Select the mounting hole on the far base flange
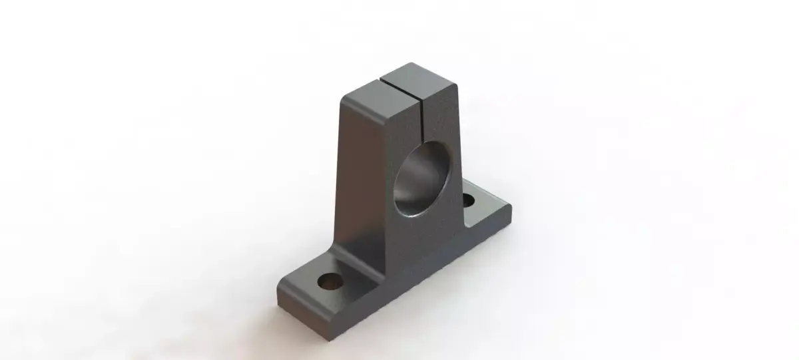[x=469, y=199]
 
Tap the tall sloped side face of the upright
[x=363, y=173]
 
